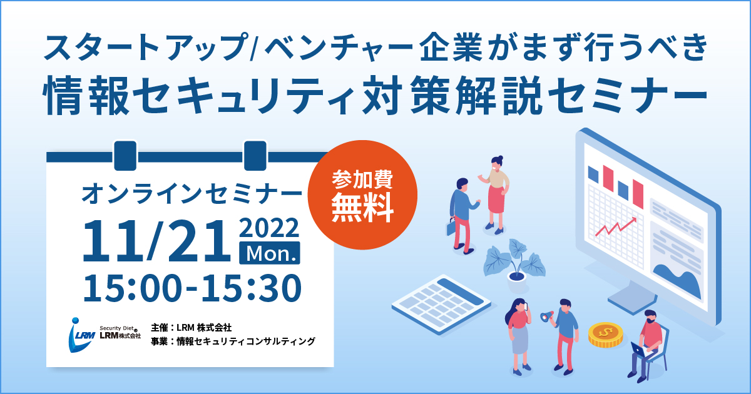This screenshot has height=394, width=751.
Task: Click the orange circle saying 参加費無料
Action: tap(362, 194)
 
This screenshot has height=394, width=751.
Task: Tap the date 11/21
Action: tap(156, 241)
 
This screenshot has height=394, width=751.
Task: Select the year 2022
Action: tap(269, 228)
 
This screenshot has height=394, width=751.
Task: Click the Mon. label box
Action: tap(270, 253)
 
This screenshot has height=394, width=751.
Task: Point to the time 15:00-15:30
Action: tap(192, 288)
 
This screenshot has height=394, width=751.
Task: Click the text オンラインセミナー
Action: tap(192, 194)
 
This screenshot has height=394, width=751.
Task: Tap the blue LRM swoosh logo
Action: tap(81, 335)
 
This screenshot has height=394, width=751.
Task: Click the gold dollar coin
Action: tap(606, 335)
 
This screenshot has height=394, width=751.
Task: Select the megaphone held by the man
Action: tap(547, 316)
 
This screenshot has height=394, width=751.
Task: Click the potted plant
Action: tap(514, 264)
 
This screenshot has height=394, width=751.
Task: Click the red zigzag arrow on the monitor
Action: tap(616, 227)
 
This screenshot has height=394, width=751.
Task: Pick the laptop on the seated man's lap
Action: tap(640, 350)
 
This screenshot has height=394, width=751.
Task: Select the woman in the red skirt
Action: tap(494, 194)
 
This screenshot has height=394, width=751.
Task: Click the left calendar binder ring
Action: tap(125, 156)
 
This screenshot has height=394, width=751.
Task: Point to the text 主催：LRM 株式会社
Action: tap(191, 327)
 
